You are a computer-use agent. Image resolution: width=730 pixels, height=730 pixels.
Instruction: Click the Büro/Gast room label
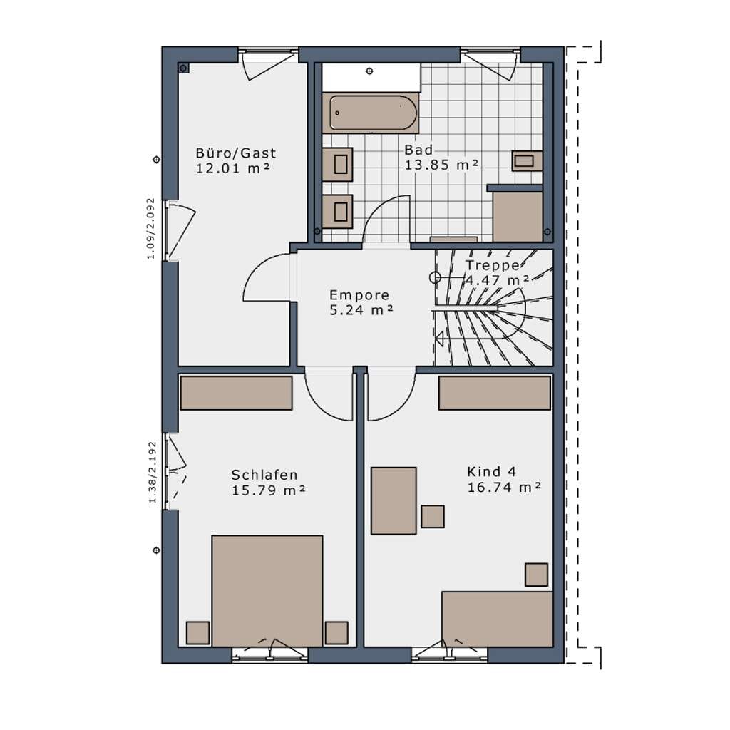coord(235,153)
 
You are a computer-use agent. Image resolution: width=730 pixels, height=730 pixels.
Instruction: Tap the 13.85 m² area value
coord(441,165)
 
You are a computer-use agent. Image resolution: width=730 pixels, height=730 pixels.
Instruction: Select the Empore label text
coord(359,295)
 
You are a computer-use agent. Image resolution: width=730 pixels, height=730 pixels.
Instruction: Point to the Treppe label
coord(493,265)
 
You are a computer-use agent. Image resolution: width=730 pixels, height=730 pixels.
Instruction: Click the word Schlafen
coord(264,475)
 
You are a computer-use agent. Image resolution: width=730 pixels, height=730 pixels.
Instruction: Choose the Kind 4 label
coord(492,472)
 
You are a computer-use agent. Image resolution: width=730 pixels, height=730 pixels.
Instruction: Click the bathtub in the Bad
coord(374,113)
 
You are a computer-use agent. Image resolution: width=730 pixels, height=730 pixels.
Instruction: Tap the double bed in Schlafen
coord(267,590)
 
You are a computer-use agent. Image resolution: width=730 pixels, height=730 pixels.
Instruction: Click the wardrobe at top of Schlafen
coord(236,394)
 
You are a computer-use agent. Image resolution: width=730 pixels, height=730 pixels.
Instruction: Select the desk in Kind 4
coord(394,500)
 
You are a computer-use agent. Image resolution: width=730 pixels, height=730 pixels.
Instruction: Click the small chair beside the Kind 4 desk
coord(433,516)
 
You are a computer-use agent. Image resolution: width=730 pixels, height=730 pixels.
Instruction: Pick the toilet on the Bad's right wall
coord(527,160)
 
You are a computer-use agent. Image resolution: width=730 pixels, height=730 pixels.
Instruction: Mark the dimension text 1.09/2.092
coord(150,229)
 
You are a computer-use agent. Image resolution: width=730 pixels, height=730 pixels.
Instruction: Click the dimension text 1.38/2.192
coord(153,472)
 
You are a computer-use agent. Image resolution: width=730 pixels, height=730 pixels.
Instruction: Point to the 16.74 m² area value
coord(504,488)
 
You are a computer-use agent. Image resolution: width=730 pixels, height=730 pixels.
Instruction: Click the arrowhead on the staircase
coord(439,338)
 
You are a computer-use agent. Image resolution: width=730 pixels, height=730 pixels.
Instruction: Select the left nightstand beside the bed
coord(198,633)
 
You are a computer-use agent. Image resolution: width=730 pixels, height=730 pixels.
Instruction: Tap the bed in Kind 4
coord(497,620)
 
